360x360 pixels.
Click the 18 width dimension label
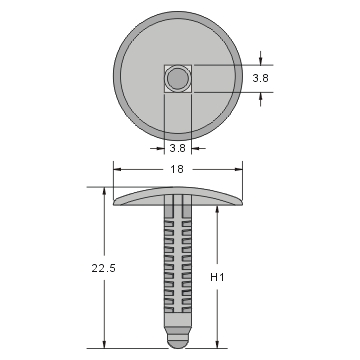point(178,171)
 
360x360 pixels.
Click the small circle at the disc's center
point(178,78)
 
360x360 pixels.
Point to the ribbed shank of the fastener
point(178,270)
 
